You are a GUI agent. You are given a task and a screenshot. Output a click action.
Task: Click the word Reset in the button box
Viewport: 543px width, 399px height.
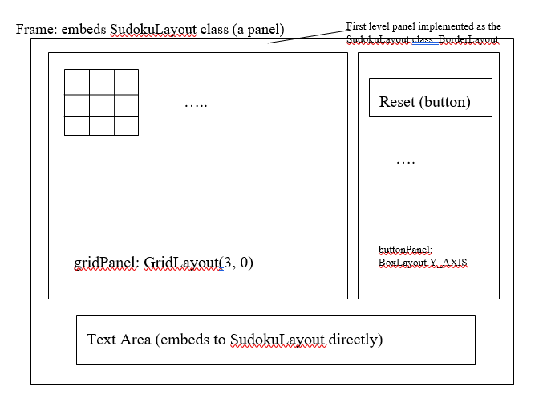tap(395, 103)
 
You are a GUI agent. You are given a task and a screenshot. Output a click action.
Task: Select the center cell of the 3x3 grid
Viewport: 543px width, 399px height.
tap(101, 105)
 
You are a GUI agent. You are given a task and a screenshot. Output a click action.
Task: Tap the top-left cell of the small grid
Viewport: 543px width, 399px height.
tap(76, 82)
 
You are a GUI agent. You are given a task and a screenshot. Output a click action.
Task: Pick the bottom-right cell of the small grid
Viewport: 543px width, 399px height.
tap(126, 125)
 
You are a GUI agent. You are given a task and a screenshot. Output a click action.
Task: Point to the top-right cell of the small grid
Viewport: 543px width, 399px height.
tap(126, 82)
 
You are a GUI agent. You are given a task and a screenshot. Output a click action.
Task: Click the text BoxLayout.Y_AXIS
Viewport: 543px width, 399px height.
tap(423, 263)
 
